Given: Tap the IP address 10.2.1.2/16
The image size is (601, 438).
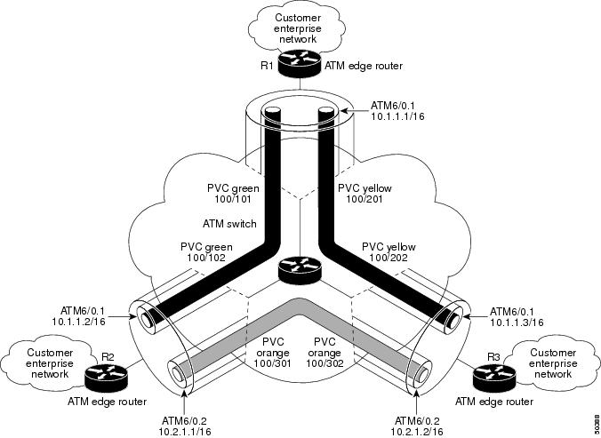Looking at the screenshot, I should click(415, 429).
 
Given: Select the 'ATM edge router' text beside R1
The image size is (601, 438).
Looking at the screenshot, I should click(364, 65).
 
